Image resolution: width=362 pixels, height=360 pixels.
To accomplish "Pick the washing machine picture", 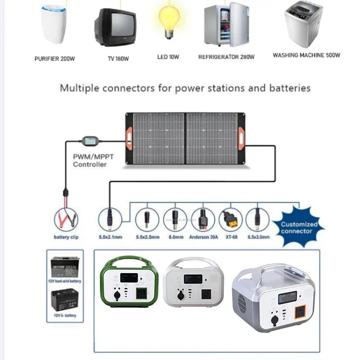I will click(303, 24).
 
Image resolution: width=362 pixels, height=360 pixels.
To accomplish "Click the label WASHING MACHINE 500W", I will click(306, 55).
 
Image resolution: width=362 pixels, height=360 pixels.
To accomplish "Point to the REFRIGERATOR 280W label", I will click(226, 57).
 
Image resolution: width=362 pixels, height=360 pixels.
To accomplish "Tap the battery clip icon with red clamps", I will click(66, 221).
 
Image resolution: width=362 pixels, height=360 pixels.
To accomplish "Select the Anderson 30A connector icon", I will click(203, 220).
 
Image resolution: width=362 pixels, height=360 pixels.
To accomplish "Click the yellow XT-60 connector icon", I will click(230, 220).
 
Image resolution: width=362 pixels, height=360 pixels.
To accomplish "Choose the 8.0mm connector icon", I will click(175, 220).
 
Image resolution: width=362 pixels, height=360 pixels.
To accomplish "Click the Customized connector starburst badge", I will click(299, 227).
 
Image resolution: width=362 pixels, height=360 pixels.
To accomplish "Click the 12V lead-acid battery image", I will click(65, 267).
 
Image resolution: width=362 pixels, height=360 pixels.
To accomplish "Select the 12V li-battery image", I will click(65, 300).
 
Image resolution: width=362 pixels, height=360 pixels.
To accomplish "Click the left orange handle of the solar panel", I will click(130, 139).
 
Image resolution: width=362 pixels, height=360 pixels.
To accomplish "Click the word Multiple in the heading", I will click(79, 88).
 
